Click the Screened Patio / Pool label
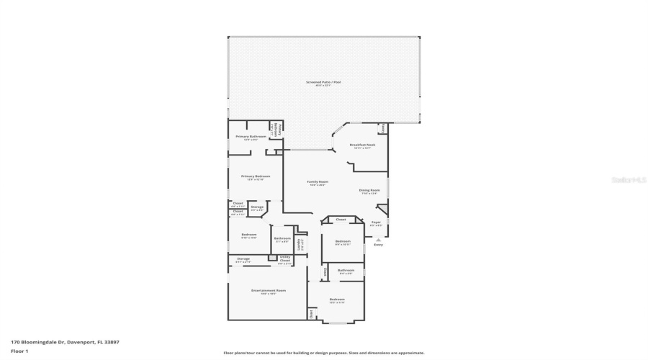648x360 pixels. (x=323, y=82)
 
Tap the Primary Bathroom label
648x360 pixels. (x=251, y=137)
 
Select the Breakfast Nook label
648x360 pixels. (x=361, y=145)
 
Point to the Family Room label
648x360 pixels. (x=317, y=182)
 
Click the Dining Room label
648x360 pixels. (x=369, y=191)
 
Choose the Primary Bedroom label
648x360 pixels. (x=256, y=176)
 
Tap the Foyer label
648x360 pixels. (x=376, y=222)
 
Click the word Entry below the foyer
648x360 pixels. (x=378, y=245)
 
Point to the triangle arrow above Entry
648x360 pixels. (x=378, y=238)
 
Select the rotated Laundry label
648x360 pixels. (x=300, y=244)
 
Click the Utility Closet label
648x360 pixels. (x=284, y=258)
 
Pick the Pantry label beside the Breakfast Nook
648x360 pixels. (x=384, y=127)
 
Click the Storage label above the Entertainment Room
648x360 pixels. (x=243, y=258)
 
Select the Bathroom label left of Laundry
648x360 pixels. (x=282, y=238)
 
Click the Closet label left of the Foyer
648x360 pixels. (x=341, y=220)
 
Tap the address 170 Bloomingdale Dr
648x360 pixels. (x=65, y=342)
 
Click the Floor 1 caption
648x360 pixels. (x=19, y=351)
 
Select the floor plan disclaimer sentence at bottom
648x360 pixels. (x=324, y=353)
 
